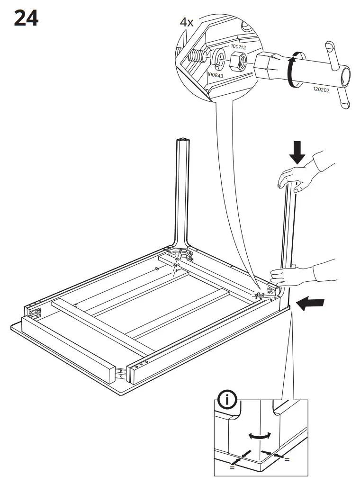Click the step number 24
coord(26,18)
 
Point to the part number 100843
coord(215,75)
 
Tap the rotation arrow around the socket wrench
coord(292,71)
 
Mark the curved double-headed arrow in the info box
coord(261,435)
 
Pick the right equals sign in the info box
coord(287,459)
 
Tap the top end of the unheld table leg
coord(182,141)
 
